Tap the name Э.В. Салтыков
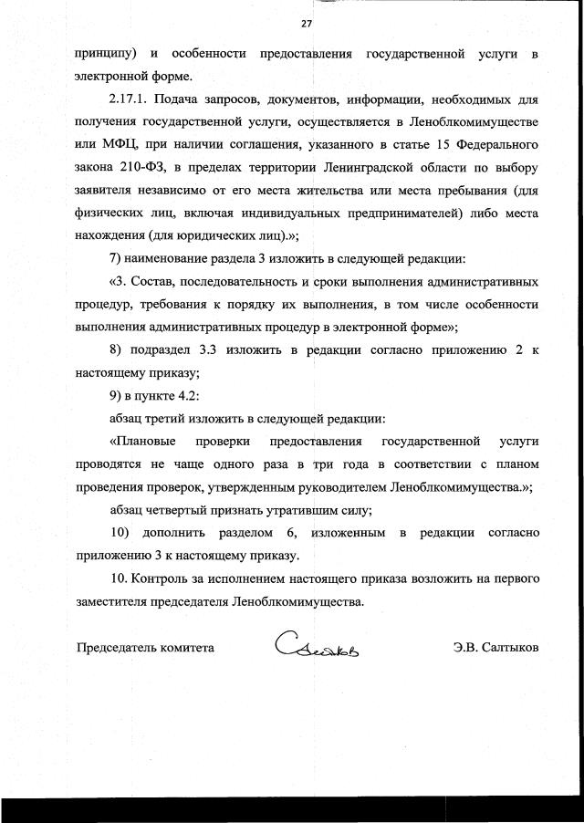(x=495, y=647)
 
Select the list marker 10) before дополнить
(x=119, y=532)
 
